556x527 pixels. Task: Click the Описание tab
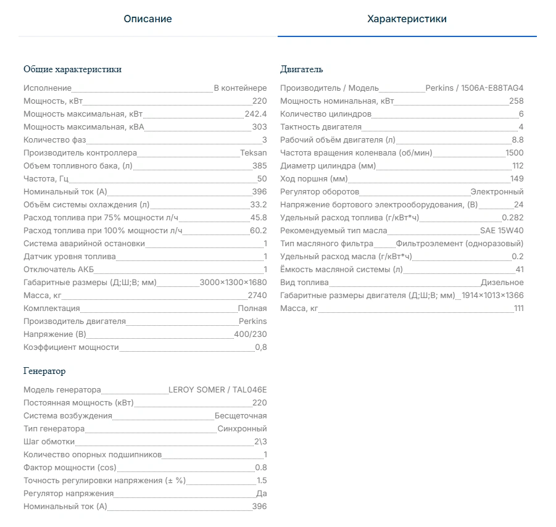147,19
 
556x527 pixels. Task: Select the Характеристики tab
407,19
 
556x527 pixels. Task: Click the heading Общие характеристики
72,69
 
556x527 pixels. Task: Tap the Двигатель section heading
301,69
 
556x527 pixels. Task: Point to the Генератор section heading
44,371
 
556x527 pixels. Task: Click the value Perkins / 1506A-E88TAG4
474,88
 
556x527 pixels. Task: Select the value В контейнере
240,88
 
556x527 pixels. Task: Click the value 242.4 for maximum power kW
255,114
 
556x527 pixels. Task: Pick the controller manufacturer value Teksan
254,153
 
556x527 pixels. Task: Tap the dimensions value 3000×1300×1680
233,283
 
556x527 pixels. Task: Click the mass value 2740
257,296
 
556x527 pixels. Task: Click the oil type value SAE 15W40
502,231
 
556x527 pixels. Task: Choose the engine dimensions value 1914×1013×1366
492,296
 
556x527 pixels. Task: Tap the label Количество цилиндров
325,114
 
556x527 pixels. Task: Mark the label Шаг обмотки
49,442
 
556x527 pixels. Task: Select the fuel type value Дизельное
502,283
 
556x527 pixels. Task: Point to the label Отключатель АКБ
59,270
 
